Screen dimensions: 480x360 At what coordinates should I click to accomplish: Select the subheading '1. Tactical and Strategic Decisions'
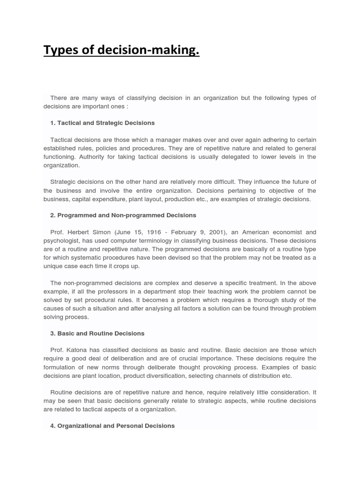pyautogui.click(x=102, y=123)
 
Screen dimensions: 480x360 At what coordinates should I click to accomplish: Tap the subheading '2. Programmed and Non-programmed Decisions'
pyautogui.click(x=123, y=215)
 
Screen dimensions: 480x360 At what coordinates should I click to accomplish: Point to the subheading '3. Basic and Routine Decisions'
pyautogui.click(x=97, y=333)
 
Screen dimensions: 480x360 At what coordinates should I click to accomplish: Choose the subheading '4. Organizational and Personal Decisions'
pyautogui.click(x=112, y=426)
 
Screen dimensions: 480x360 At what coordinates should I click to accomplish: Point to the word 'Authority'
pyautogui.click(x=93, y=157)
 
